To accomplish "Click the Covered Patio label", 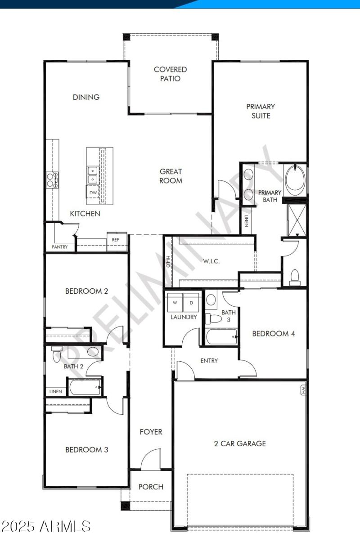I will tap(170, 74).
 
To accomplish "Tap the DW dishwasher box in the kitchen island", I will tap(93, 193).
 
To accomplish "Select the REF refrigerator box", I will tap(116, 240).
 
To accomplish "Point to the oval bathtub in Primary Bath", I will tap(295, 180).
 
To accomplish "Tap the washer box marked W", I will tap(175, 303).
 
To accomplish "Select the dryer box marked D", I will tap(191, 303).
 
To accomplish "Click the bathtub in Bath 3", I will tap(222, 336).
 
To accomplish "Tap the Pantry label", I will tap(60, 247).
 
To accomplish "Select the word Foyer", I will tap(151, 432).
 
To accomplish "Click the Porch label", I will tap(151, 487).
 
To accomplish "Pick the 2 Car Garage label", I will tap(240, 443).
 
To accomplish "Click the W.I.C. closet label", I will tap(211, 261).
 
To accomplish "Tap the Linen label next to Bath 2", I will tap(55, 391).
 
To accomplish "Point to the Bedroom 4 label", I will tap(274, 333).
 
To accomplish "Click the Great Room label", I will tap(171, 176).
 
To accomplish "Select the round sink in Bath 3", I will tap(211, 298).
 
